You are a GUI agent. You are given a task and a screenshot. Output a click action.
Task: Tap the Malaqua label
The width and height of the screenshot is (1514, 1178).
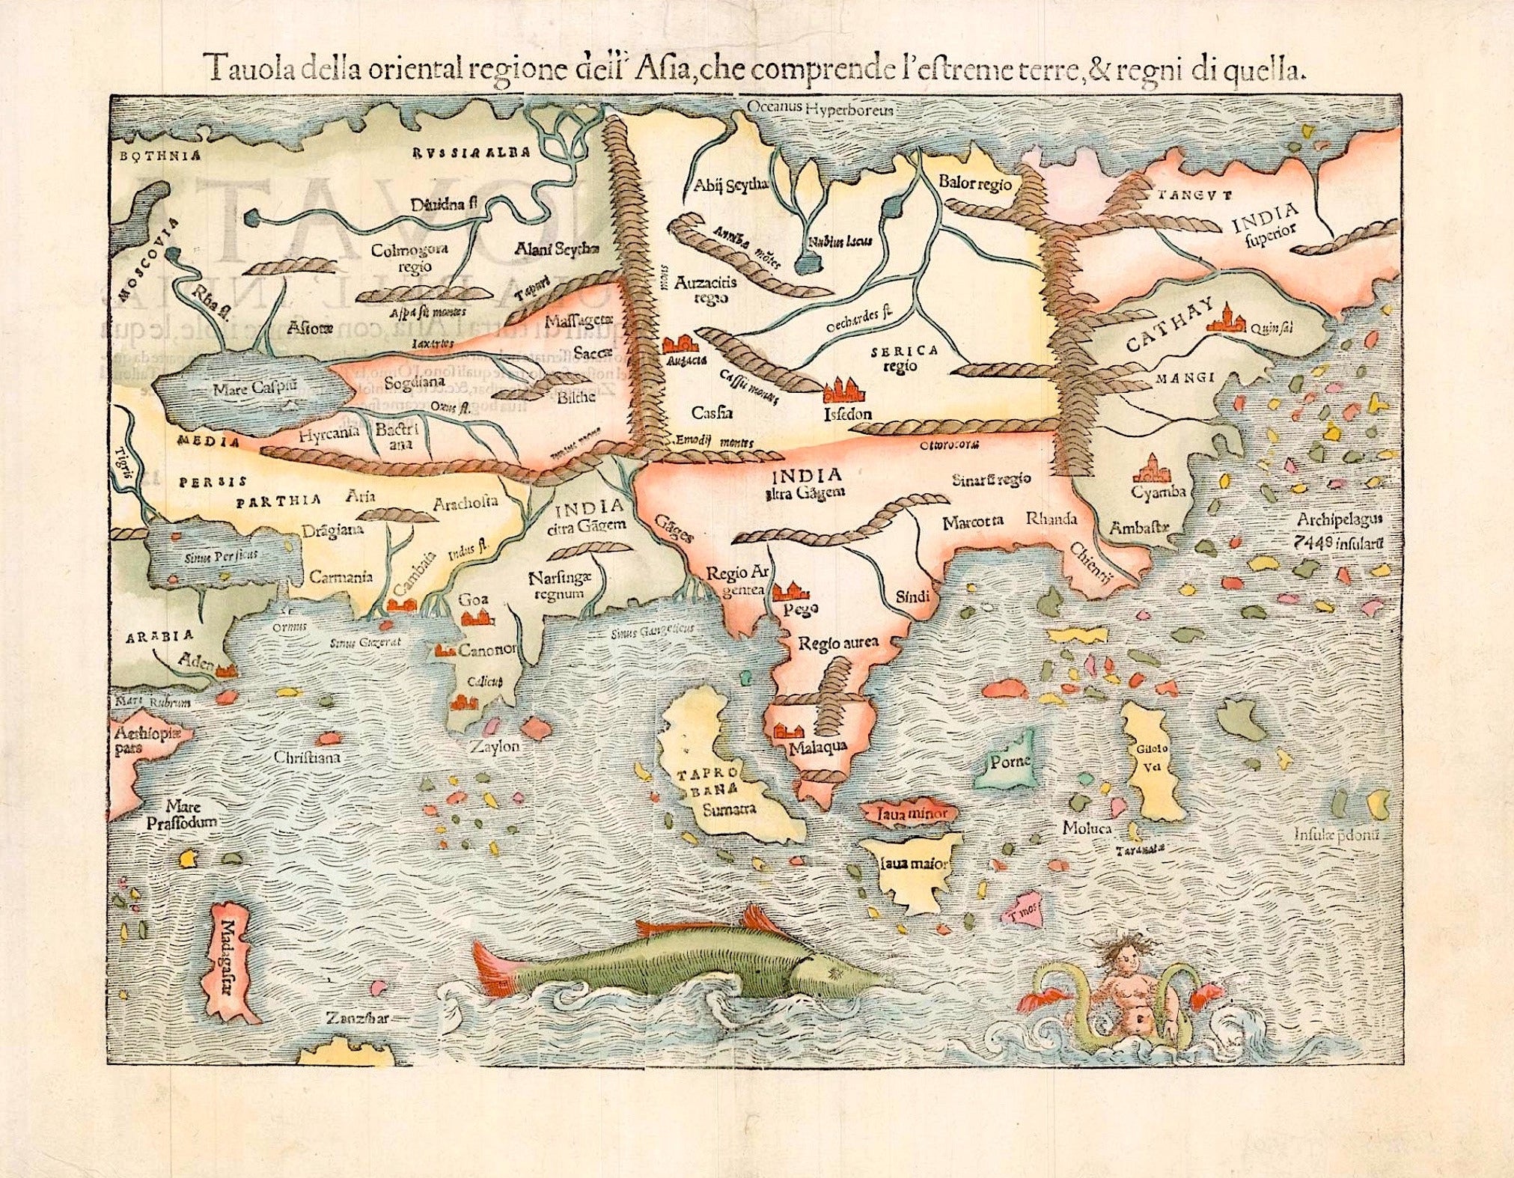[817, 746]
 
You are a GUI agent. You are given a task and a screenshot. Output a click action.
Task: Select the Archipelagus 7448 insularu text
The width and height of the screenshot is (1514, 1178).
[1345, 529]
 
